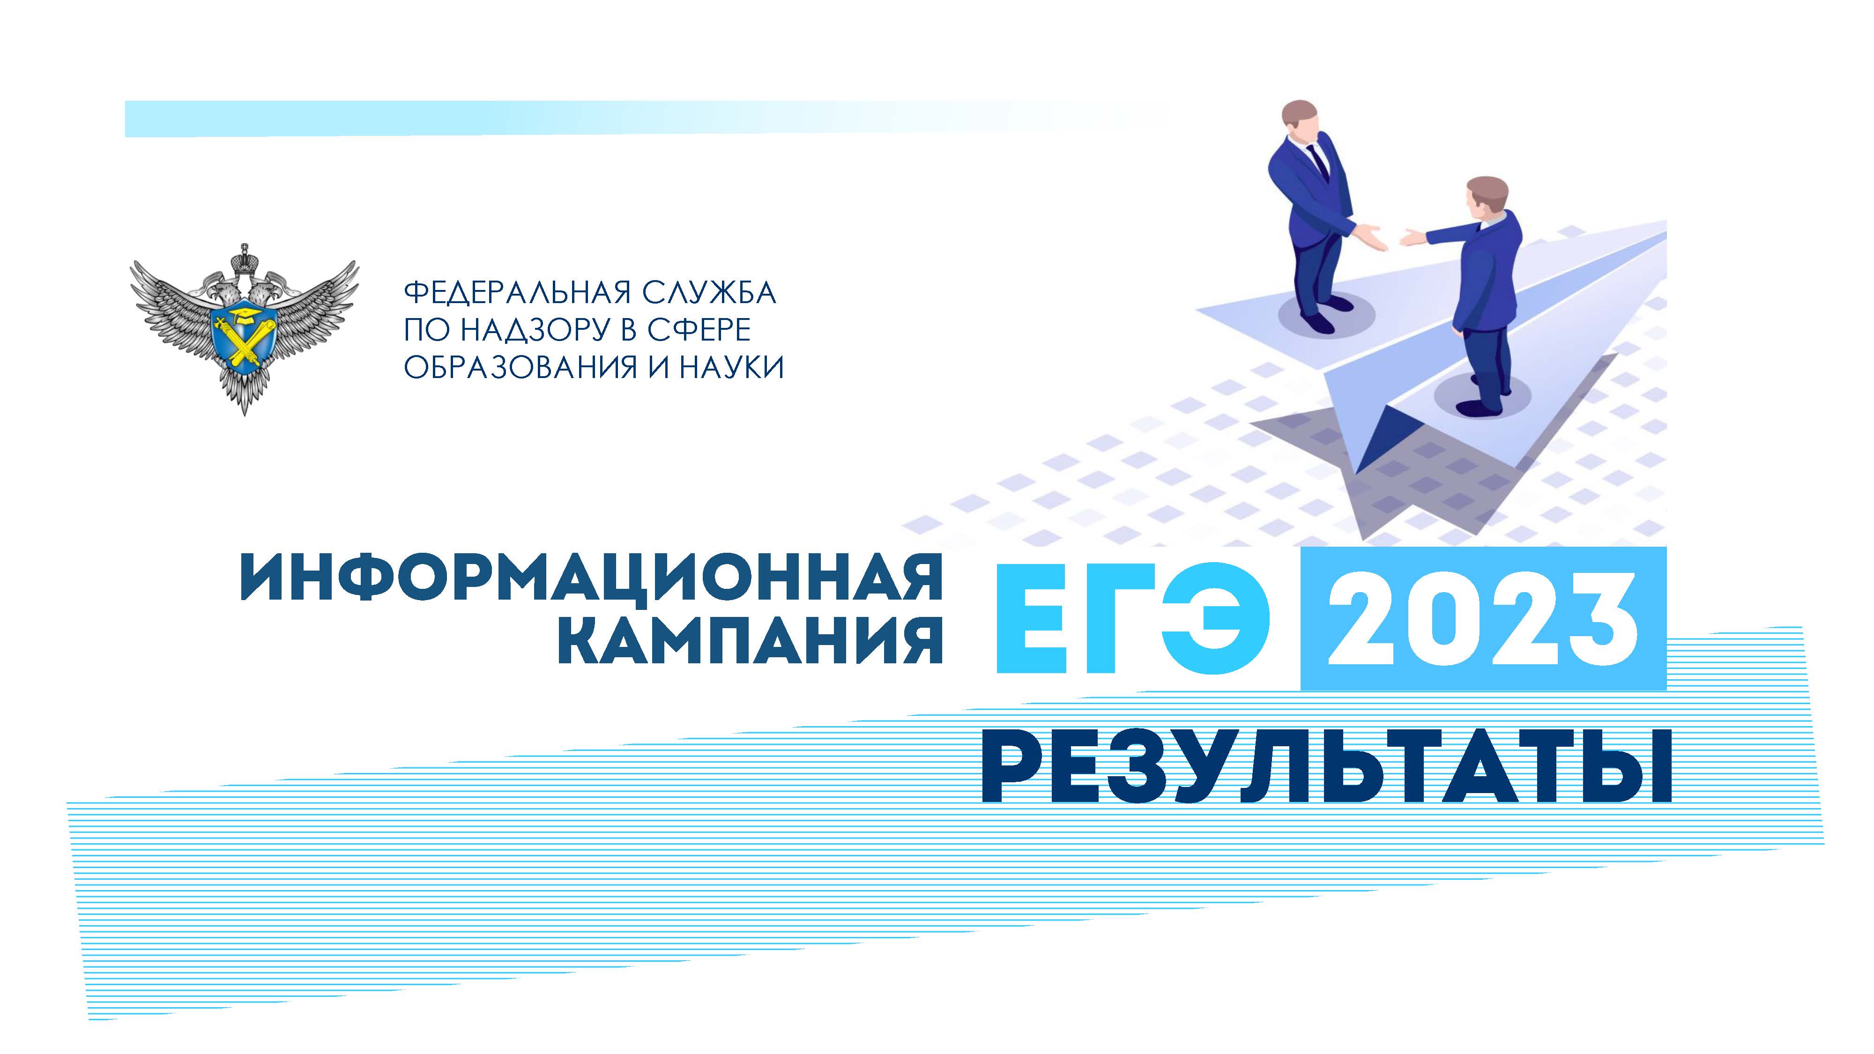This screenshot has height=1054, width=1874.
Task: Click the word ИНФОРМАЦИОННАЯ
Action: coord(591,576)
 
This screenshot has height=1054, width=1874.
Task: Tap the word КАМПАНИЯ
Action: coord(750,640)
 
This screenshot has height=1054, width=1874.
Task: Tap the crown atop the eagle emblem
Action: coord(244,258)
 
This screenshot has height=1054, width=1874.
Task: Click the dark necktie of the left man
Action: coord(1318,162)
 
